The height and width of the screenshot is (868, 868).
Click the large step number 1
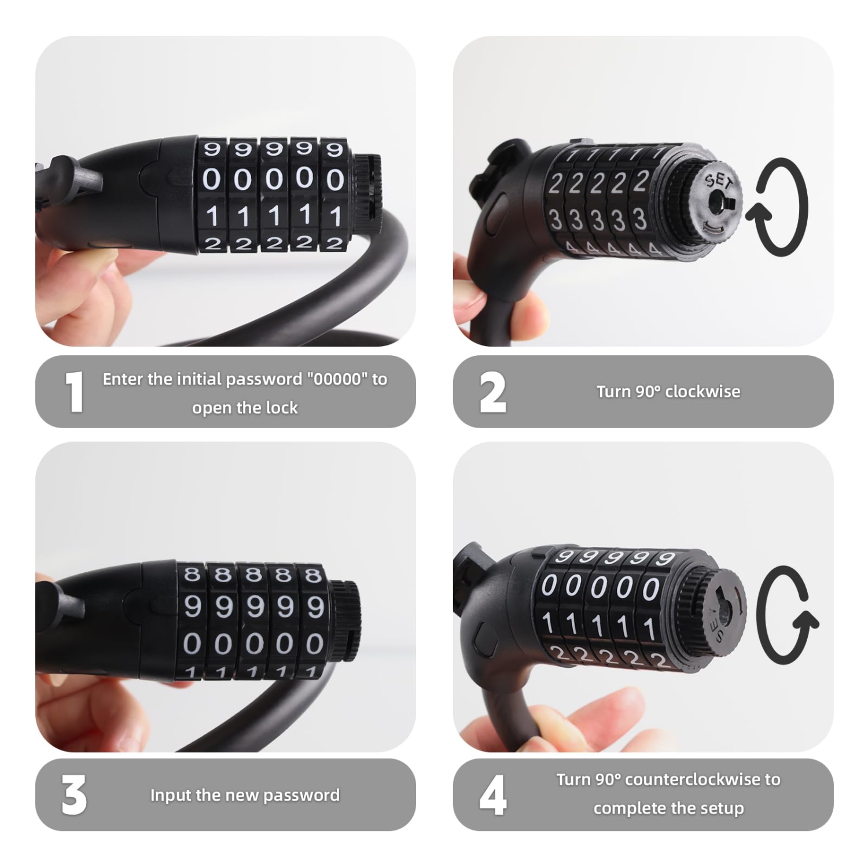[x=74, y=392]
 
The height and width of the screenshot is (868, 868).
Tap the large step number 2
[x=492, y=393]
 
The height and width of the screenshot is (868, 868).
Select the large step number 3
[x=74, y=795]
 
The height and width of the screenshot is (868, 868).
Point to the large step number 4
[x=493, y=795]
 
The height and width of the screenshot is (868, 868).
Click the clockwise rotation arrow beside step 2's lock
[x=777, y=207]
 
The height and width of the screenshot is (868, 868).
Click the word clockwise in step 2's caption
[x=703, y=392]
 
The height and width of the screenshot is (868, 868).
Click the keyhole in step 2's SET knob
[x=724, y=203]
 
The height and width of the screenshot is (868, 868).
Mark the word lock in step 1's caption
[x=282, y=408]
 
